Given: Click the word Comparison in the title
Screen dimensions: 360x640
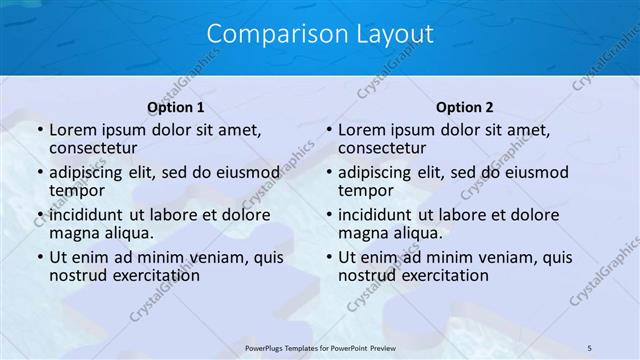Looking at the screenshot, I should point(267,34).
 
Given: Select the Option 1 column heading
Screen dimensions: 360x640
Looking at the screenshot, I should point(176,107).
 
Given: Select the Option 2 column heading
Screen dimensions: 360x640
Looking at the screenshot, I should point(465,107).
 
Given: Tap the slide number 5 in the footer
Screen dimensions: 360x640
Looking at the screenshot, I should point(590,347).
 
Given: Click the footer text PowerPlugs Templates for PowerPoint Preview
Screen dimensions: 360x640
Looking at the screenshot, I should point(319,347).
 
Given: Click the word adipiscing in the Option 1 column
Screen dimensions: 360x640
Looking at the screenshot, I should point(87,172).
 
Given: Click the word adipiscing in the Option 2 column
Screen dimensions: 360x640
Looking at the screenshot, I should point(376,172).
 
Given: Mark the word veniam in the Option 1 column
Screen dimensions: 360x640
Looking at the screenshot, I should point(218,257).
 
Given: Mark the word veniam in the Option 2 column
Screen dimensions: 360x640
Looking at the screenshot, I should point(507,257).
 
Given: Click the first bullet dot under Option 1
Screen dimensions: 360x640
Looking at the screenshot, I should point(40,131).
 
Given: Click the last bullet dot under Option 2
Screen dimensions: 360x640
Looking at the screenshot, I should point(329,258).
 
